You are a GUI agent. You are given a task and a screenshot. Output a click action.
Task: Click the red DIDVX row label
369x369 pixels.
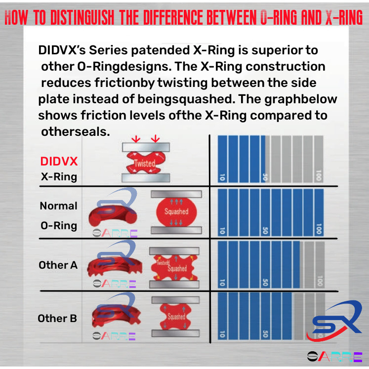coord(59,162)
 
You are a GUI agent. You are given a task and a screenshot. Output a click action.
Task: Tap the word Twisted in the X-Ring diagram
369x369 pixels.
coord(144,164)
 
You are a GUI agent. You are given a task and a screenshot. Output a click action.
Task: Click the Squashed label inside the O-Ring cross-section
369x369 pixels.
coord(176,211)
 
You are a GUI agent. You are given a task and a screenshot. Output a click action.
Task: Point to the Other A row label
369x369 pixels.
coord(58,265)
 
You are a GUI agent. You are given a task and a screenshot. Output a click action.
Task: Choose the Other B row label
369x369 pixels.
coord(57,319)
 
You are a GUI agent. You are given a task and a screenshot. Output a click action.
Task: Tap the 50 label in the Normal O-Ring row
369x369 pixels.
coord(265,230)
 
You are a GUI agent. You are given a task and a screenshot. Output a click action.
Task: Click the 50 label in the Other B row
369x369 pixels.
coord(265,334)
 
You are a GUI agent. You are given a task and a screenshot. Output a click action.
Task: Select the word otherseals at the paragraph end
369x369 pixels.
coord(75,132)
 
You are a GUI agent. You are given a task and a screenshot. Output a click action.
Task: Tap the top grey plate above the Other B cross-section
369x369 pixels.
coord(175,299)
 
